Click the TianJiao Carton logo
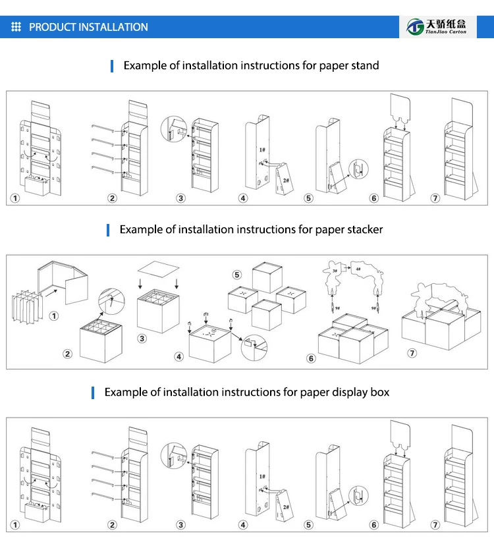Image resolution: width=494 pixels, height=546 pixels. (x=439, y=27)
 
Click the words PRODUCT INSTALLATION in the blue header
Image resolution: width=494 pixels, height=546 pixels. (x=88, y=27)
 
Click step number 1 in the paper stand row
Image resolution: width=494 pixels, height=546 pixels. (x=15, y=198)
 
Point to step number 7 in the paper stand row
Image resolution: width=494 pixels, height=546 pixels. (x=435, y=198)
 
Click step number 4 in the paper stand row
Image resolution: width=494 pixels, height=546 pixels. (x=244, y=198)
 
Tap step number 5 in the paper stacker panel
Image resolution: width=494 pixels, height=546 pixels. (x=237, y=274)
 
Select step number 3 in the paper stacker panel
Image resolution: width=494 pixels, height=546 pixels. (x=142, y=339)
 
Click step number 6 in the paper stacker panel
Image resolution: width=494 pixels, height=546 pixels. (x=311, y=358)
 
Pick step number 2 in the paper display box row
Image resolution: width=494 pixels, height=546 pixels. (x=113, y=525)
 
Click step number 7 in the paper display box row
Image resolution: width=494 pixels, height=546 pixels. (x=435, y=525)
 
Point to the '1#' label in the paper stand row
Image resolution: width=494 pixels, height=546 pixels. (x=261, y=150)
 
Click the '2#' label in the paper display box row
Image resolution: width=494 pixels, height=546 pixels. (x=286, y=506)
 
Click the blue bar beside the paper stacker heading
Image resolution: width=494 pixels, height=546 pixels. (x=108, y=229)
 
